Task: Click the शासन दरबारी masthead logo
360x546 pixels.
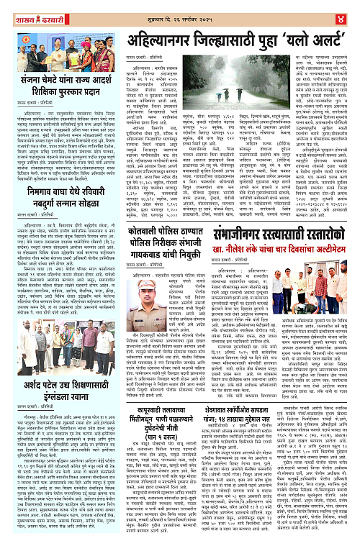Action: [x=37, y=11]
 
